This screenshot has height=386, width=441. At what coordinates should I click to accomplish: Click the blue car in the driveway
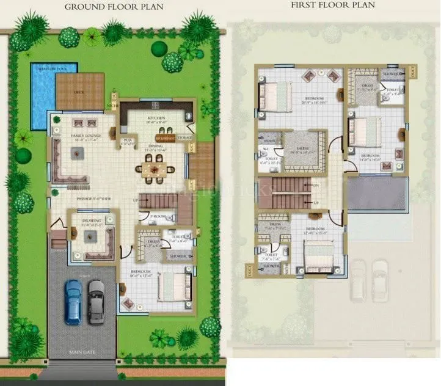coord(73,302)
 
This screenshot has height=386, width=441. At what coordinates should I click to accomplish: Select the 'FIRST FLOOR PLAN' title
coord(332,5)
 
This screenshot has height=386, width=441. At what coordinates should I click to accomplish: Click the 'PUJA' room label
coord(128,139)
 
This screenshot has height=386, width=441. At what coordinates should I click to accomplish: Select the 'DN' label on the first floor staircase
coord(316,186)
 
